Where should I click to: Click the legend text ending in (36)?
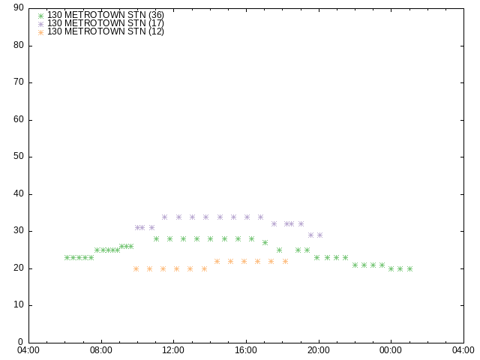[x=106, y=15]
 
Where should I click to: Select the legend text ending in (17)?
[x=106, y=23]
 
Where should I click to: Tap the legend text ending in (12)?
[x=106, y=31]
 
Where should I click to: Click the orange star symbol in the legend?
[x=40, y=32]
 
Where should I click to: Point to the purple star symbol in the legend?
[x=40, y=24]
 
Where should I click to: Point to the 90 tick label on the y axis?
[x=19, y=7]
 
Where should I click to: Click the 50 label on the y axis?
[x=19, y=157]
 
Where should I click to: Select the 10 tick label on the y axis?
[x=19, y=305]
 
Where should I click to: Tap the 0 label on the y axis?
[x=21, y=342]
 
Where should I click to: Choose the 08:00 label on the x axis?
[x=101, y=350]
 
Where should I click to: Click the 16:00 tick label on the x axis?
[x=246, y=350]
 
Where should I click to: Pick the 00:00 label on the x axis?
[x=391, y=350]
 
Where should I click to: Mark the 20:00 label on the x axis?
[x=319, y=350]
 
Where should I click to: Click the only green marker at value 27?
[x=265, y=243]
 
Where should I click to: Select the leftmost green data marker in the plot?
[x=67, y=258]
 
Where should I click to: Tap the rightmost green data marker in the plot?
[x=410, y=268]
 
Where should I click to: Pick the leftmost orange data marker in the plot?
[x=136, y=268]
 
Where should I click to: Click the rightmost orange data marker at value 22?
[x=285, y=262]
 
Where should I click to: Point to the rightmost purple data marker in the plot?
[x=319, y=235]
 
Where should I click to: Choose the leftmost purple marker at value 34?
[x=165, y=217]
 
